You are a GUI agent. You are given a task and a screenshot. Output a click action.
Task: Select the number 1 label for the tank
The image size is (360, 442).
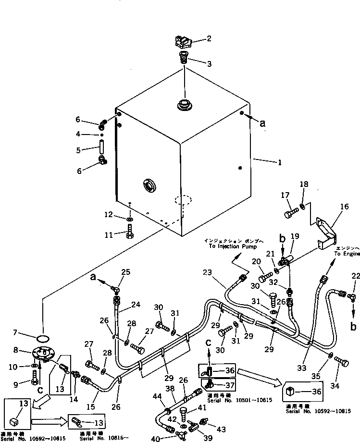coord(279,162)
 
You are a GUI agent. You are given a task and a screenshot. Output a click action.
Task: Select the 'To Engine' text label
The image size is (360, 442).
coord(347,254)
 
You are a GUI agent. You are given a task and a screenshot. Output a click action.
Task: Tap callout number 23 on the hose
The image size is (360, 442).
coord(207,272)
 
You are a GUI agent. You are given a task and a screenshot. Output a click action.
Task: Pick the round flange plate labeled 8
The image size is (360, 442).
coord(43,354)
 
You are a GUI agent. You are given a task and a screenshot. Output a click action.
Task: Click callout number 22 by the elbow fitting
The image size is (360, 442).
coord(355,275)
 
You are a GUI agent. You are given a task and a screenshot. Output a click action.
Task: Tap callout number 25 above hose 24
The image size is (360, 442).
coord(126,273)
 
